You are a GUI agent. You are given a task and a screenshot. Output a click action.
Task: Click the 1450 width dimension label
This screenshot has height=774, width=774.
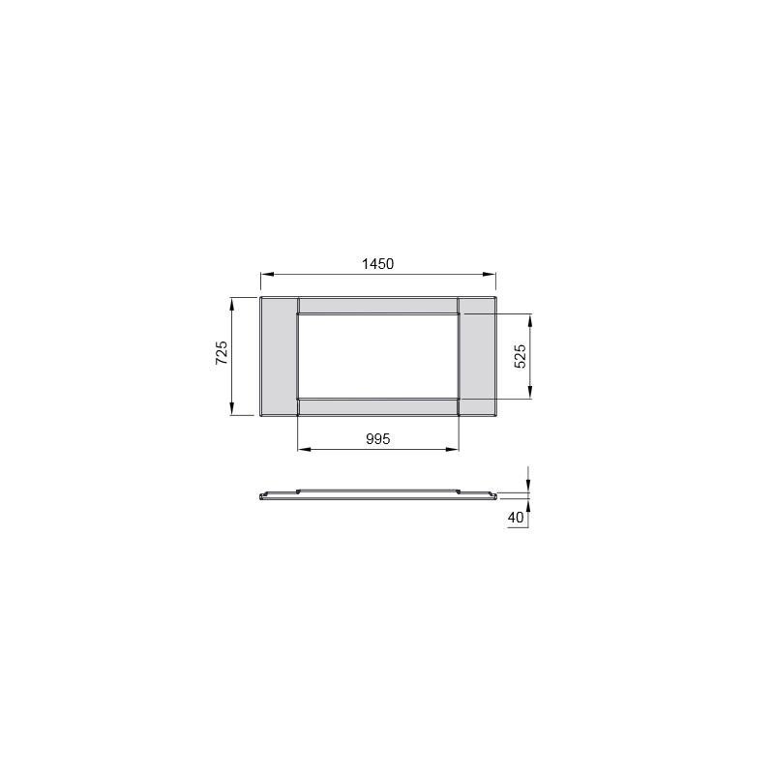point(377,264)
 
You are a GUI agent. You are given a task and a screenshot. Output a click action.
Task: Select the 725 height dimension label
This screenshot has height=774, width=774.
point(222,352)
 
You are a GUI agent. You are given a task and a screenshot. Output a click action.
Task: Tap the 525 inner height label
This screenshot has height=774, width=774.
point(521,356)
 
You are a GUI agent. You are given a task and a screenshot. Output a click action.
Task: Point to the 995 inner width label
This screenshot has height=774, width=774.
point(378,439)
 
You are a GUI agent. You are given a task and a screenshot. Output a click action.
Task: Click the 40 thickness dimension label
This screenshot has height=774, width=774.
point(516,518)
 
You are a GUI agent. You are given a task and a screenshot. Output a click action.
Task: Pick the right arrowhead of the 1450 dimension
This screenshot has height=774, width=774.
point(490,274)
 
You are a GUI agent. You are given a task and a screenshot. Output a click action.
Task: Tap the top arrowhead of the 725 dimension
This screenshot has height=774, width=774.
point(232,304)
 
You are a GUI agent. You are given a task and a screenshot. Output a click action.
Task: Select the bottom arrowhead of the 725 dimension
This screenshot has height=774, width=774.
point(232,409)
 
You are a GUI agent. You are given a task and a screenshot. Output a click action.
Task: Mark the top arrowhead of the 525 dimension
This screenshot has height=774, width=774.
point(529,321)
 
